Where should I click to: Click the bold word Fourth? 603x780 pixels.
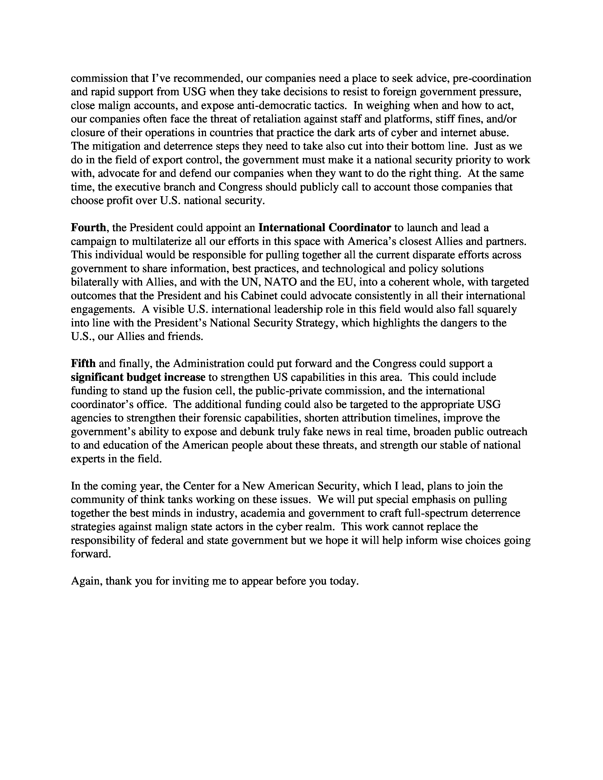coord(88,227)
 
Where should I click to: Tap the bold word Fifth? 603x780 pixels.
coord(83,364)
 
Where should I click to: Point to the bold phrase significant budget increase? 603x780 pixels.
coord(138,377)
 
